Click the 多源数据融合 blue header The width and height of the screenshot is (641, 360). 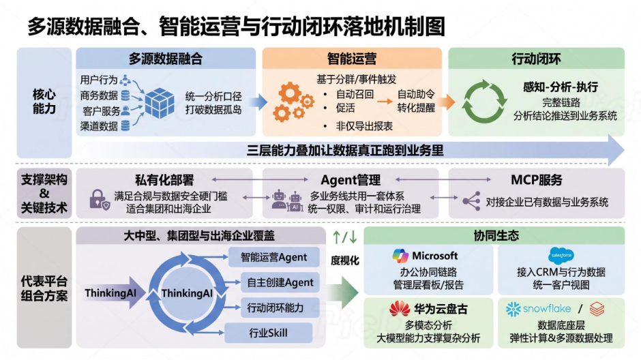pos(166,59)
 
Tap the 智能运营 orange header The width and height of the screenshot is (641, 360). pos(352,59)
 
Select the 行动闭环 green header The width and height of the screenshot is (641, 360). pos(536,59)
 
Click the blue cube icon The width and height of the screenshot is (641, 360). pos(160,103)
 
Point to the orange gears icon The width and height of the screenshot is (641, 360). pos(293,102)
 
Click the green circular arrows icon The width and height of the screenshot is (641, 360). pos(484,102)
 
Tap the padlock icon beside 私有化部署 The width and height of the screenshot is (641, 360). pos(100,200)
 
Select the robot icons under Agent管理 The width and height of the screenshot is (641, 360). pos(287,200)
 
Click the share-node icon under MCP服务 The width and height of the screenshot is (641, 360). pos(471,201)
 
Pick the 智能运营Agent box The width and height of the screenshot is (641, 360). pos(273,257)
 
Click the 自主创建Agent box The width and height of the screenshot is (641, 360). pos(280,282)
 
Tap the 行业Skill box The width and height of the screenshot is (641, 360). pos(268,333)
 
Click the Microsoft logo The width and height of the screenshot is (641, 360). pos(400,256)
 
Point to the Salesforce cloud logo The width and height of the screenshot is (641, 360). pos(561,256)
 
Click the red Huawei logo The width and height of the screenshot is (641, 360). pos(400,309)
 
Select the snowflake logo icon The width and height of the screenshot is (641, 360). pos(513,310)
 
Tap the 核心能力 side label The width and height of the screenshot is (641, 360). pos(44,102)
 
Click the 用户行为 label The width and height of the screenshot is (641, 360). pos(98,80)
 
